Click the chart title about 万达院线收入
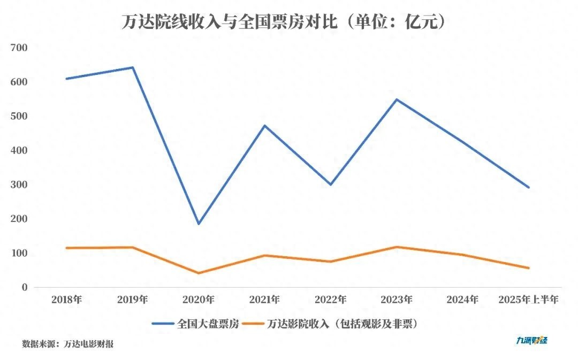284,22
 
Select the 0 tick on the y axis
25,287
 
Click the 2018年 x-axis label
67,300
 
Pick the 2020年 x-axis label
199,300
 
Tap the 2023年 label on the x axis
397,300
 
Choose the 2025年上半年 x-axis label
528,300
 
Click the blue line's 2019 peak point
132,67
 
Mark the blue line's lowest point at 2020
199,224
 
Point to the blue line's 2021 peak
264,126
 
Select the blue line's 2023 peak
397,99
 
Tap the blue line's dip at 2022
330,185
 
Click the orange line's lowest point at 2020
199,273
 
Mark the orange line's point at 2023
397,247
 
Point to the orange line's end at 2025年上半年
529,268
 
